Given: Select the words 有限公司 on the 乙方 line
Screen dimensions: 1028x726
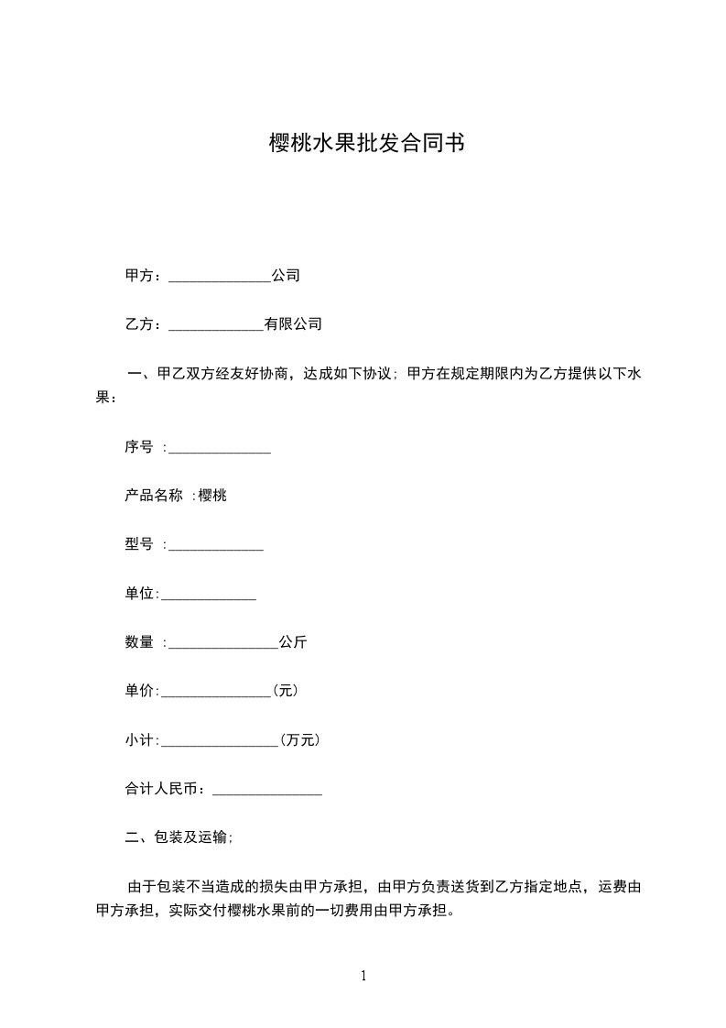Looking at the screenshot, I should pyautogui.click(x=293, y=324).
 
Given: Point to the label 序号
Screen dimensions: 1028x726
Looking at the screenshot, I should pyautogui.click(x=139, y=447).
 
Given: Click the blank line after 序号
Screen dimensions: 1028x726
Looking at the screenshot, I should pyautogui.click(x=220, y=451).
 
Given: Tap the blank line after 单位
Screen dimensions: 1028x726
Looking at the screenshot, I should pyautogui.click(x=209, y=597).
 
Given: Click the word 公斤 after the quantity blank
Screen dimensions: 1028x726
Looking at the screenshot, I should pyautogui.click(x=293, y=642).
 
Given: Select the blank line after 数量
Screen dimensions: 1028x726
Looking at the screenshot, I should pyautogui.click(x=223, y=646).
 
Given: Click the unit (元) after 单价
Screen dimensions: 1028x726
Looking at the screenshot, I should pyautogui.click(x=286, y=691).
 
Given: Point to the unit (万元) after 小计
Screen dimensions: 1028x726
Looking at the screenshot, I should pyautogui.click(x=300, y=739).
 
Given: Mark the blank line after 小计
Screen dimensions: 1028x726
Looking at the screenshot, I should pyautogui.click(x=220, y=744).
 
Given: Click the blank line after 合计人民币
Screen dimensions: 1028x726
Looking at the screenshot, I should pyautogui.click(x=267, y=793).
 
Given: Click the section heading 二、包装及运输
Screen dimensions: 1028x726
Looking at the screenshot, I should pyautogui.click(x=179, y=837).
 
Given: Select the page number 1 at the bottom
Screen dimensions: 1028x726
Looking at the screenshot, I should pyautogui.click(x=363, y=977).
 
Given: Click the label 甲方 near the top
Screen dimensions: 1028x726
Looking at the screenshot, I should pyautogui.click(x=139, y=276).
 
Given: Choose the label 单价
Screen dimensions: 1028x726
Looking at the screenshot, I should pyautogui.click(x=140, y=691).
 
